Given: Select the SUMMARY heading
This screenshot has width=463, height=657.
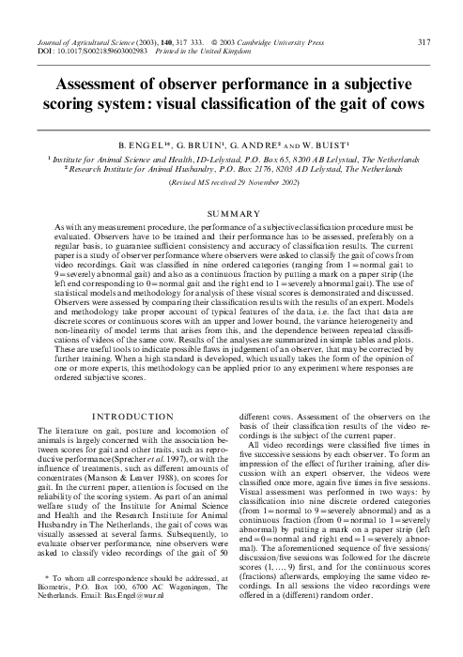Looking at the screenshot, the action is pos(230,215).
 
